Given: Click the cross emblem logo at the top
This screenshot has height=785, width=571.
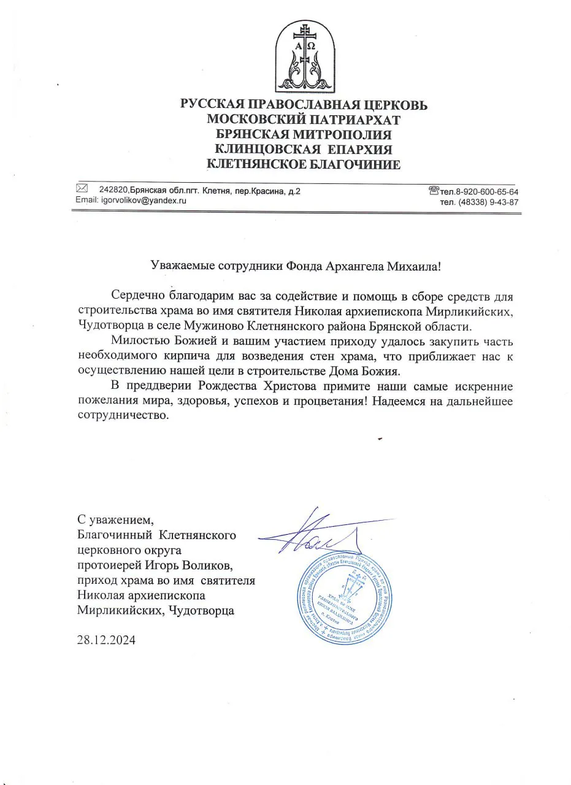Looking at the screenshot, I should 305,56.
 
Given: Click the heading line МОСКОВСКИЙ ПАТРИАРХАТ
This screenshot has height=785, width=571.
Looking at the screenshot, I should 304,120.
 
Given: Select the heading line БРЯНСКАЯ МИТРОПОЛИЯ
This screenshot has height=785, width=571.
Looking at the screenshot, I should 304,134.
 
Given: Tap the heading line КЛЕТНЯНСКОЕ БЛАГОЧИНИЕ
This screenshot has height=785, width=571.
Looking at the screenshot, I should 304,164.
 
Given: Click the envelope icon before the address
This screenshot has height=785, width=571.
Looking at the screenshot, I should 82,188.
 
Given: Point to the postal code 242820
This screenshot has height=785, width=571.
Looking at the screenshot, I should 112,191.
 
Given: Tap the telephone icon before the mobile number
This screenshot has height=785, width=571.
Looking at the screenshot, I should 434,191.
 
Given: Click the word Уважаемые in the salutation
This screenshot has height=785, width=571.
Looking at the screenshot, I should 182,266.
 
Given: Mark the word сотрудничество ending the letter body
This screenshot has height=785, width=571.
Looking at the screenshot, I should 122,415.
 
